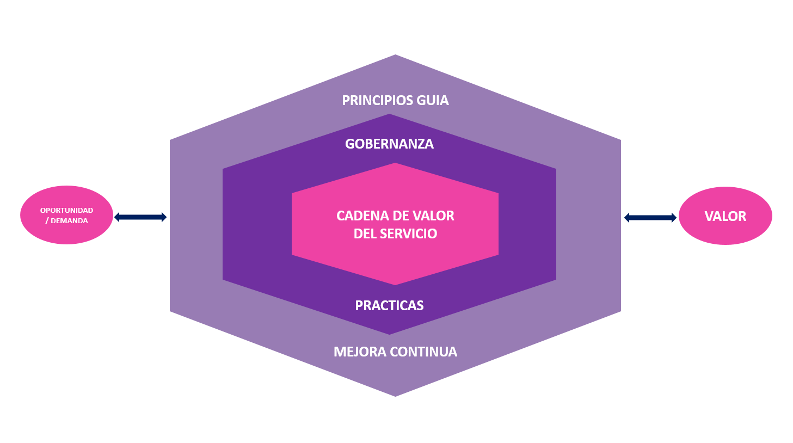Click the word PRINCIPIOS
[x=377, y=101]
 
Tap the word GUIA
[x=433, y=101]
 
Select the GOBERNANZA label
[x=389, y=144]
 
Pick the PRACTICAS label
[x=389, y=306]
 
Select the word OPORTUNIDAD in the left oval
[x=66, y=211]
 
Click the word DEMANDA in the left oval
[x=69, y=221]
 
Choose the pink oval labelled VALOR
[x=725, y=216]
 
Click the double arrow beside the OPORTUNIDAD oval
[x=140, y=217]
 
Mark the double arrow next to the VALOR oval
[x=650, y=218]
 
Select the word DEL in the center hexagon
[x=365, y=234]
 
